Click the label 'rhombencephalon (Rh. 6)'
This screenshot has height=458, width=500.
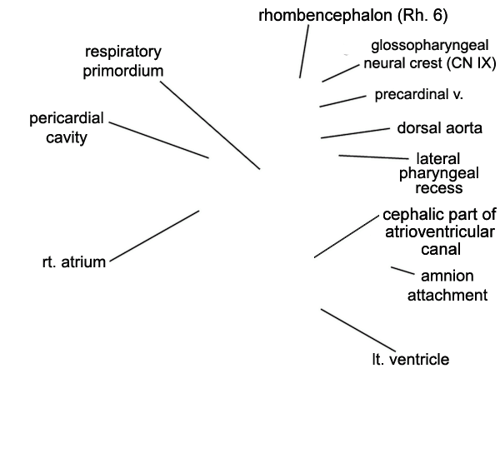tap(353, 15)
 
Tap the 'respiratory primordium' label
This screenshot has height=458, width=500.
tap(123, 61)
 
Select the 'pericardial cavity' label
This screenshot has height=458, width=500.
tap(67, 127)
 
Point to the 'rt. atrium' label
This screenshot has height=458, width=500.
tap(74, 262)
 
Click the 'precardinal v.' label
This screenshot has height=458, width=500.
tap(418, 94)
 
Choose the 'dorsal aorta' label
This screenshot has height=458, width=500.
tap(439, 128)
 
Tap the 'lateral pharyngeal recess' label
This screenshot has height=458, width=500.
tap(439, 173)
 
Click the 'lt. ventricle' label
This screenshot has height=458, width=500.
tap(411, 359)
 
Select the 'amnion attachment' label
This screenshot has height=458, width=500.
tap(447, 286)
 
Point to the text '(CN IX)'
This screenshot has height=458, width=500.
tap(472, 63)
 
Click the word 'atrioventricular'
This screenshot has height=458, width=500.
tap(440, 231)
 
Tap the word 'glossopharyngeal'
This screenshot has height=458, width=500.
tap(430, 46)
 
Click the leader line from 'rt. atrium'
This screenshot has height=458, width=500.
tap(154, 236)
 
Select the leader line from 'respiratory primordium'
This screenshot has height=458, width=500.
tap(210, 125)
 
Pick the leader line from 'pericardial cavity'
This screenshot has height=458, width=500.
tap(159, 140)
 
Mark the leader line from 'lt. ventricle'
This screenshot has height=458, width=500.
tap(358, 331)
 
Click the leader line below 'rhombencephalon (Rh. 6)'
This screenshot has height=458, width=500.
tap(304, 52)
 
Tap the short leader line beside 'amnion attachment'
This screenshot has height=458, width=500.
tap(402, 271)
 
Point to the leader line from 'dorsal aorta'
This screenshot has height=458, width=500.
tap(355, 133)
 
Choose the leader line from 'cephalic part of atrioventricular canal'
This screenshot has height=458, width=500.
tap(347, 236)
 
